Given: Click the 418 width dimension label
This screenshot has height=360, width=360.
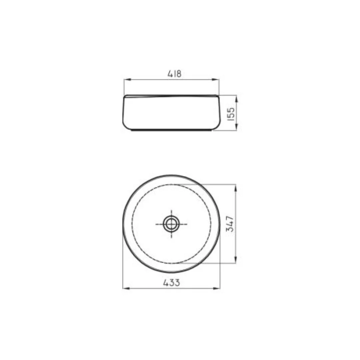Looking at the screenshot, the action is click(x=174, y=74).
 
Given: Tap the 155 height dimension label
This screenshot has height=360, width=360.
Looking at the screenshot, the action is click(x=231, y=114).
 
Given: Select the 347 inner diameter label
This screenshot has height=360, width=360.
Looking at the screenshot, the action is click(x=230, y=224).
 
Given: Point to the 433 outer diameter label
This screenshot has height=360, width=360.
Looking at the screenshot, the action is click(x=172, y=283).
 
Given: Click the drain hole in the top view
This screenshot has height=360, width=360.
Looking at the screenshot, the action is click(x=171, y=224).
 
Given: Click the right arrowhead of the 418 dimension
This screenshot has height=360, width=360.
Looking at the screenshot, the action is click(x=216, y=80).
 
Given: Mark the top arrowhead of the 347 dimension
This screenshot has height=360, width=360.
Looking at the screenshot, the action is click(x=236, y=188).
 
